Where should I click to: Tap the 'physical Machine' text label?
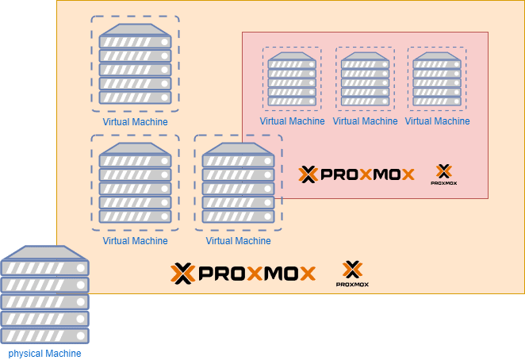(45, 353)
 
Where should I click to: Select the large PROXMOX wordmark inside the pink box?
(357, 174)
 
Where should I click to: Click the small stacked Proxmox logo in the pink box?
(444, 174)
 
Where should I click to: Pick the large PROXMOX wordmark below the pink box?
(243, 274)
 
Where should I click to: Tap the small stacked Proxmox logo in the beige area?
(352, 274)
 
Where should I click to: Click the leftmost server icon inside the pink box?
(293, 79)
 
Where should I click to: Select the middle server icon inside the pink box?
(365, 79)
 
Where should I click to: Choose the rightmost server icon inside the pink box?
(437, 79)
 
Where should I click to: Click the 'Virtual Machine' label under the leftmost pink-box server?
(293, 121)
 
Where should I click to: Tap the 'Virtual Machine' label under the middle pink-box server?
(365, 121)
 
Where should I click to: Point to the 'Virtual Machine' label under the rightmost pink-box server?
(437, 121)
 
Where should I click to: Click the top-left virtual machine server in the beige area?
(136, 63)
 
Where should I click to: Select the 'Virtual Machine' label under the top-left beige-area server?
(136, 122)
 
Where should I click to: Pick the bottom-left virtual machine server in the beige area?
(136, 182)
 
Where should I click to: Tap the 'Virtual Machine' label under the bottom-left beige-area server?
(136, 240)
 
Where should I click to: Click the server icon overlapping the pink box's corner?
(239, 182)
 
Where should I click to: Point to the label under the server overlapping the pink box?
(239, 240)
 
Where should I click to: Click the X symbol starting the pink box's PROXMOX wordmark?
(308, 174)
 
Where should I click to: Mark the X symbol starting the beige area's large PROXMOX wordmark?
(182, 274)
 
